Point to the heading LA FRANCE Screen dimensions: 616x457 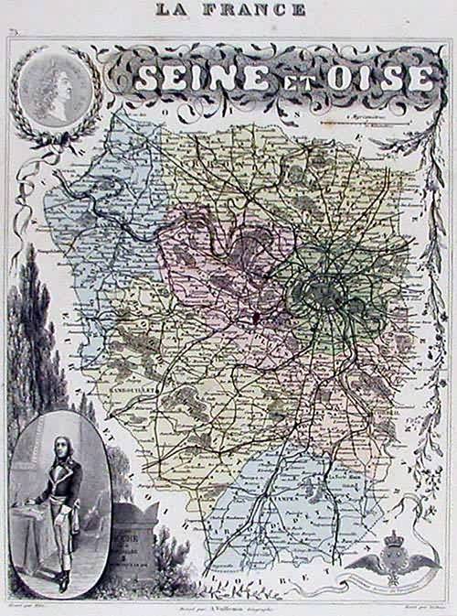[229, 10]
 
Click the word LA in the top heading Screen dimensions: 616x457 [172, 10]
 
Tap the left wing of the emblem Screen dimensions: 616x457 [365, 561]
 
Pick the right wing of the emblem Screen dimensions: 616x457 [425, 561]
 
